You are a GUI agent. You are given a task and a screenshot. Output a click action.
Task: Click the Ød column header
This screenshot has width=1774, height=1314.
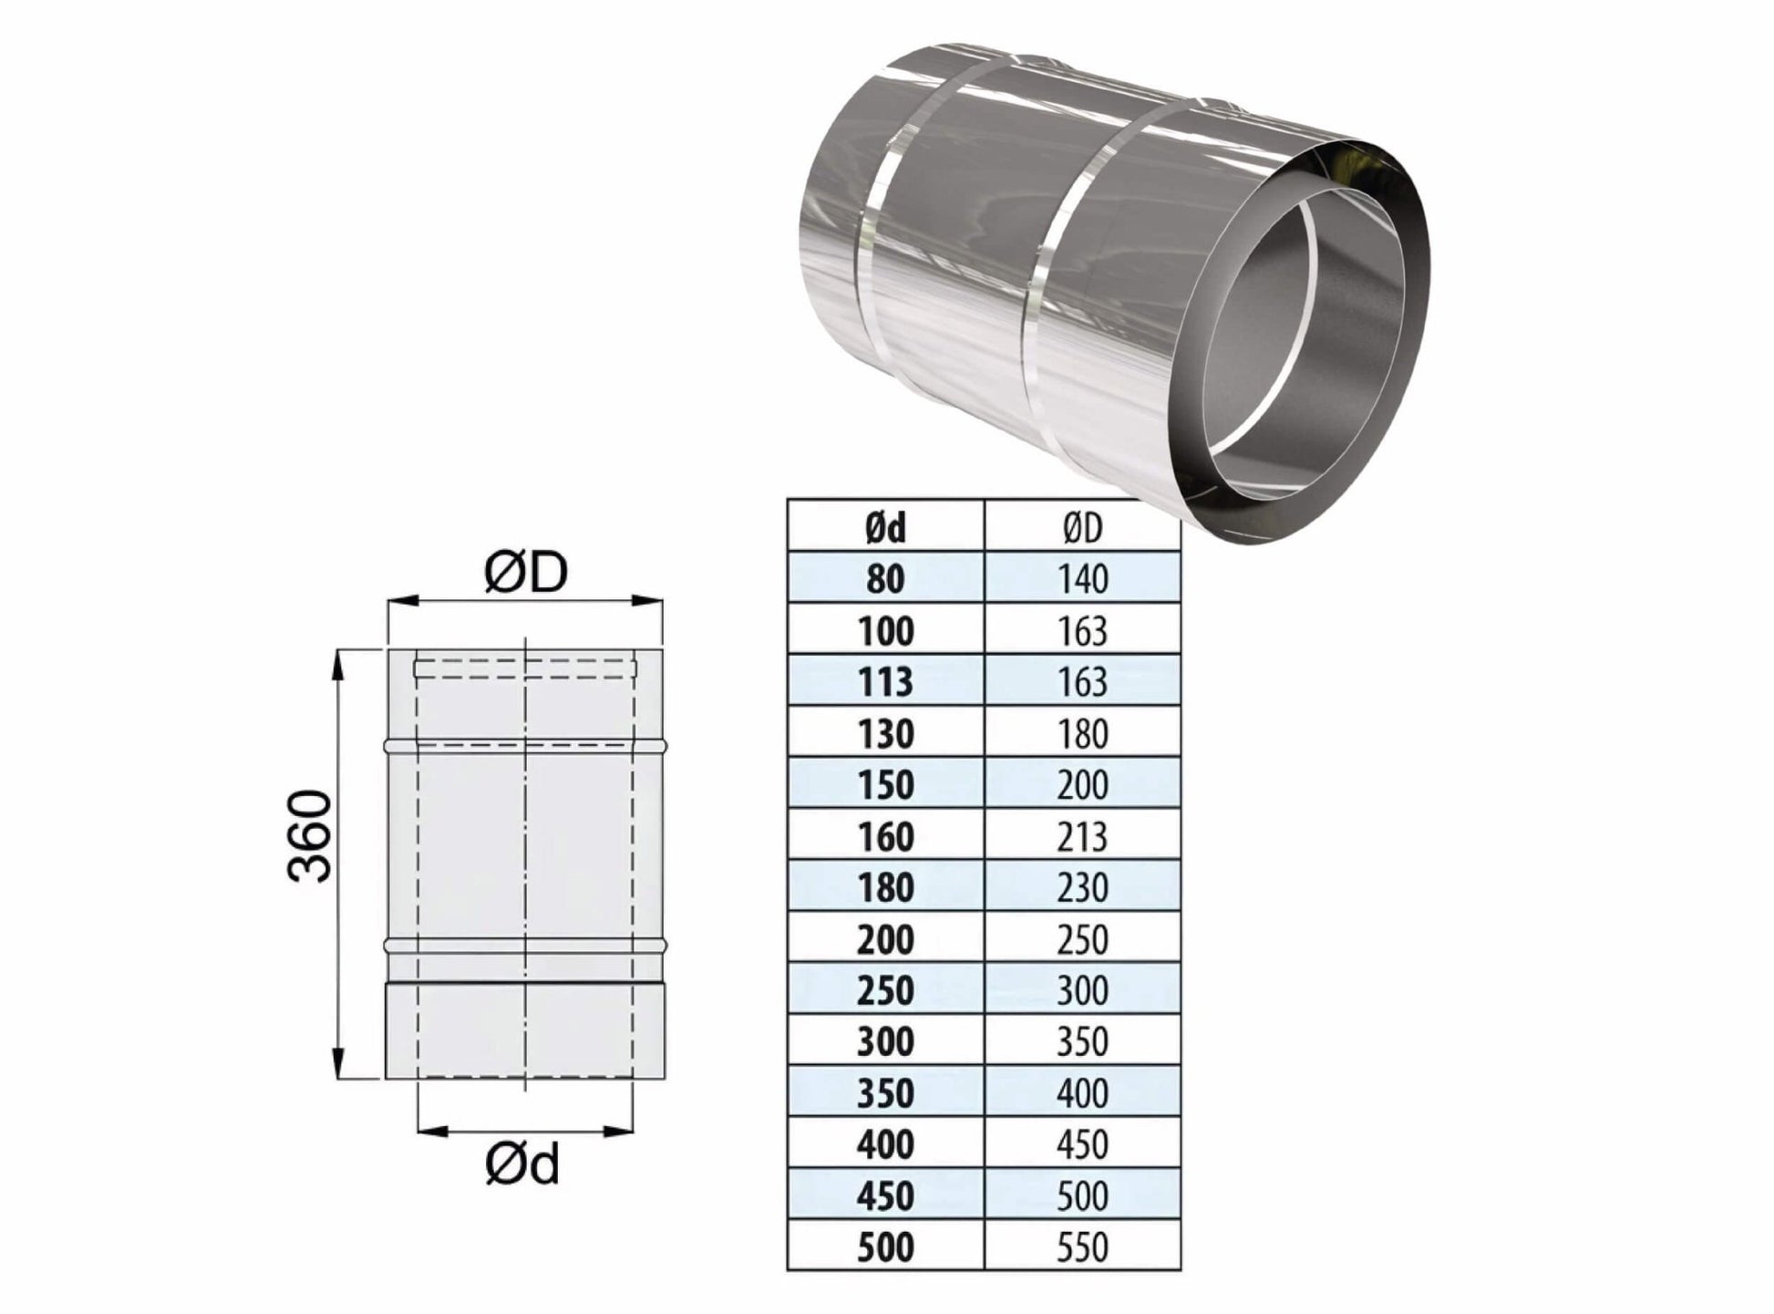(885, 528)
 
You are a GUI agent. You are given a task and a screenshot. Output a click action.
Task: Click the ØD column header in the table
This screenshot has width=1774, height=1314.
(1082, 528)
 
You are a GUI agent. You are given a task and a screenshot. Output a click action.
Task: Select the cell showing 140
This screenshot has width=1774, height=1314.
(1082, 579)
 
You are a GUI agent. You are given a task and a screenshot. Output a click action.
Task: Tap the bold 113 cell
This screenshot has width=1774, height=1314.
(885, 682)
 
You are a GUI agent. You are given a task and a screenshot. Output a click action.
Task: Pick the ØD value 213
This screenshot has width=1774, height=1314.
(1082, 836)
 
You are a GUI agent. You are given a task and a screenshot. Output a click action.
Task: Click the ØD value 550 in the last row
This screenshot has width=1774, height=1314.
(1082, 1247)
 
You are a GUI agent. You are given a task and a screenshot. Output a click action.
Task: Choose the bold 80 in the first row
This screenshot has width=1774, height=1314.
(885, 579)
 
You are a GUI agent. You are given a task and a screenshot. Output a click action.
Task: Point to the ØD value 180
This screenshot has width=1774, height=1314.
(1082, 734)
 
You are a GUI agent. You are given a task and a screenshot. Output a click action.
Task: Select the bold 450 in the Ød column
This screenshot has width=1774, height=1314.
(885, 1195)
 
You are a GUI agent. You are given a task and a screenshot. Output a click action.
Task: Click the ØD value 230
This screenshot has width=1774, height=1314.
(1082, 887)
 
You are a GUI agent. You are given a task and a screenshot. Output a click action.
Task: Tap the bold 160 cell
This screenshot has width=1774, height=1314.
(885, 836)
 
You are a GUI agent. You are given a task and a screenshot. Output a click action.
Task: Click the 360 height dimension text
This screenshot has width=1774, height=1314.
(308, 835)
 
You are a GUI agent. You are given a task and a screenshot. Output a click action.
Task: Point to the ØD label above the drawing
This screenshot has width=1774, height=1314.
(526, 573)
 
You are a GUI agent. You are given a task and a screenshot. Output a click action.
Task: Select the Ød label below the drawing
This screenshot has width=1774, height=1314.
(521, 1164)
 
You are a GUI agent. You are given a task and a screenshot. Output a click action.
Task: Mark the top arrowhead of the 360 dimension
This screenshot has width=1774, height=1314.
(339, 664)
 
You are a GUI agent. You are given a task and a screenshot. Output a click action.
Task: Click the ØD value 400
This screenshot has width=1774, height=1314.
(1082, 1092)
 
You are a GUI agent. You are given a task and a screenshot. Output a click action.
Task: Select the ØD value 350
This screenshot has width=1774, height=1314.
(1082, 1041)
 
